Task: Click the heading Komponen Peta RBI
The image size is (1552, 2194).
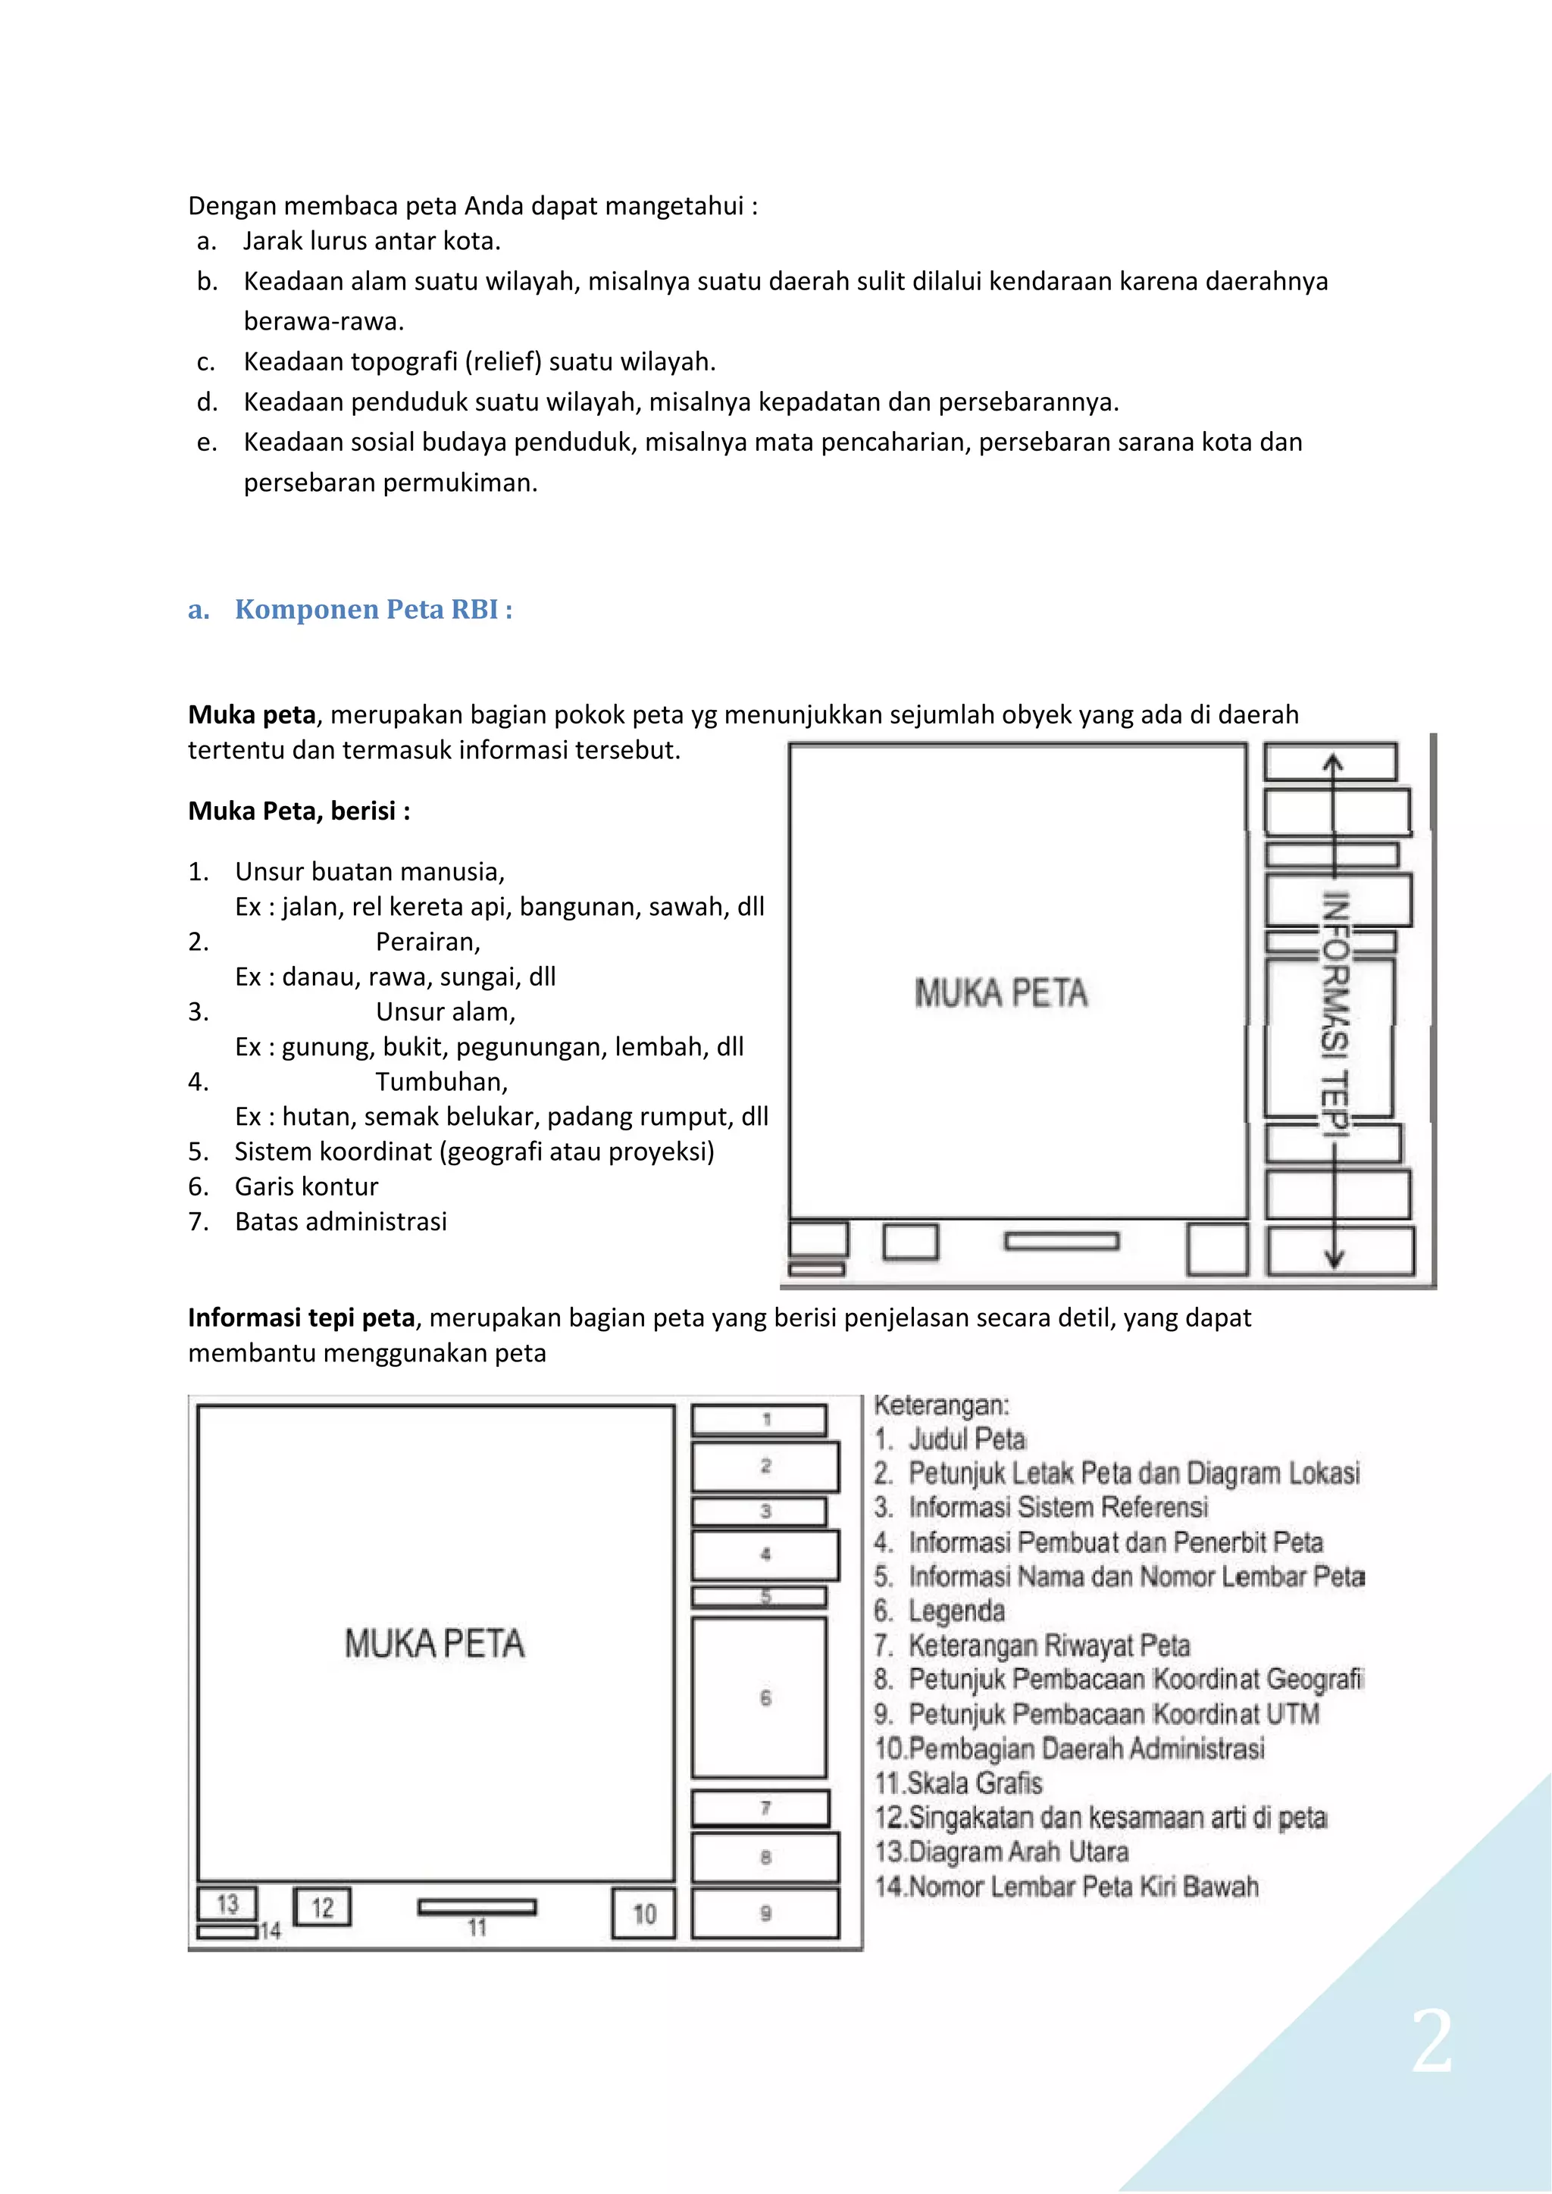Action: (373, 610)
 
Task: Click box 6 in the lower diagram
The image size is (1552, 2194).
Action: (760, 1698)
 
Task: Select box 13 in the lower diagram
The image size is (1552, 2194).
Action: (227, 1905)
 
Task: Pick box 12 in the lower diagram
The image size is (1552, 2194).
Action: (322, 1908)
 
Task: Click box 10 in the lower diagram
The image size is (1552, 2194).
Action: (643, 1913)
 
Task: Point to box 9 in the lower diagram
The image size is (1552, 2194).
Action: (765, 1913)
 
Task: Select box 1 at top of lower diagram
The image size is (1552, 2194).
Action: (760, 1420)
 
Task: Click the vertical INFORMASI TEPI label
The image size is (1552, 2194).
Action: (1335, 1013)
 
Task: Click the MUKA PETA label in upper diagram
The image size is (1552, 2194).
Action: (1000, 994)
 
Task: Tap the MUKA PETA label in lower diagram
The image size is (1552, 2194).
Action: (435, 1643)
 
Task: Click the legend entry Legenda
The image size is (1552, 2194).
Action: (956, 1611)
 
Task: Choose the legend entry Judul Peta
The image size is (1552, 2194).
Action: (966, 1439)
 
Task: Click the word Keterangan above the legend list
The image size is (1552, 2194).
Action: (941, 1405)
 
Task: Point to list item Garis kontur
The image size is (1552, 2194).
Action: (307, 1187)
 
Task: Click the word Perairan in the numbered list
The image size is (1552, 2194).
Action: (427, 942)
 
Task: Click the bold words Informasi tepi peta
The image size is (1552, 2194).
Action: (301, 1317)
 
